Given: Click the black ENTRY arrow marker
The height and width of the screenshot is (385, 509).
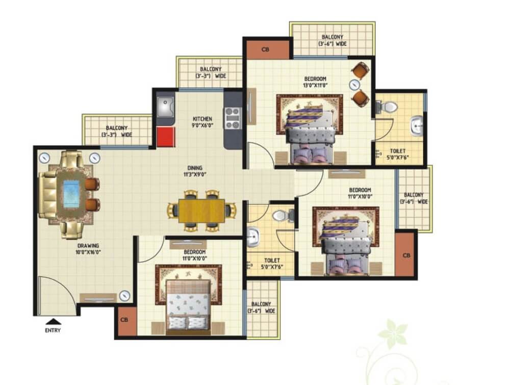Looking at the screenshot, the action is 53,321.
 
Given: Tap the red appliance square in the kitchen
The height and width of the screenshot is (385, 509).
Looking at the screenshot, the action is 166,136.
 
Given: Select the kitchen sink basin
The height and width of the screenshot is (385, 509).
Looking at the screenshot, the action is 165,107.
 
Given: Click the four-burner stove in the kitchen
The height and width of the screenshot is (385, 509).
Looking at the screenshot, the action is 233,118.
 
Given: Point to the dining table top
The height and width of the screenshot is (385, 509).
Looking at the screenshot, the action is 201,211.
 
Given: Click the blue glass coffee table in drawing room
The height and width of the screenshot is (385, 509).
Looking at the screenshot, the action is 71,194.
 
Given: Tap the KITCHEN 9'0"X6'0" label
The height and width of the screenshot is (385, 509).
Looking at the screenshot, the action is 202,122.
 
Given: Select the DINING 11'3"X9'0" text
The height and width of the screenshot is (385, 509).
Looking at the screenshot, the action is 195,171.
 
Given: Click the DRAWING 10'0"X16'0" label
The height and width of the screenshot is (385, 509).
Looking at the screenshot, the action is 88,249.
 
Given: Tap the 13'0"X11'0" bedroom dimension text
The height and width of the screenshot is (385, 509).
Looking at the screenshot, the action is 315,85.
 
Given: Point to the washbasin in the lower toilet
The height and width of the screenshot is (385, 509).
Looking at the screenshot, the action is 252,236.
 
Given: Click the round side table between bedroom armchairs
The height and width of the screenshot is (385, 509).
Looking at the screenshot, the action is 355,85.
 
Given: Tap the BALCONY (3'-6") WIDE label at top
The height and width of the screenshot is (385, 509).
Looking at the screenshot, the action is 333,40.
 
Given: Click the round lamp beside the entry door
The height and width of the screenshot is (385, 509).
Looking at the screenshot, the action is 124,296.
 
